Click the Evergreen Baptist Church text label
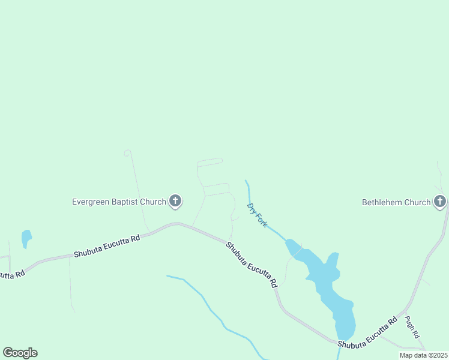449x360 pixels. [119, 202]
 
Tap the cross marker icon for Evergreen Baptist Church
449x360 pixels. [175, 201]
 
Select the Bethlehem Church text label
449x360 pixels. [396, 202]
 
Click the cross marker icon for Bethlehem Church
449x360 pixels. [440, 202]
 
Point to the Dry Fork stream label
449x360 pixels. [257, 214]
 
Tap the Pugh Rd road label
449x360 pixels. [411, 328]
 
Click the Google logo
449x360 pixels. [20, 353]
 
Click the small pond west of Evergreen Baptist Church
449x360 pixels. [26, 239]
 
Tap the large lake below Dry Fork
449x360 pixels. [327, 288]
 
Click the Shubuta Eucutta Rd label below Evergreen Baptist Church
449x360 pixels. [107, 246]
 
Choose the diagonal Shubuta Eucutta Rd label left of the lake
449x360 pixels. [252, 264]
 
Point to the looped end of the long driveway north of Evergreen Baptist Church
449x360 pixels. [127, 153]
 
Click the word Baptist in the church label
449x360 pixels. [127, 202]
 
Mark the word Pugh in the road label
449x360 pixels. [409, 323]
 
